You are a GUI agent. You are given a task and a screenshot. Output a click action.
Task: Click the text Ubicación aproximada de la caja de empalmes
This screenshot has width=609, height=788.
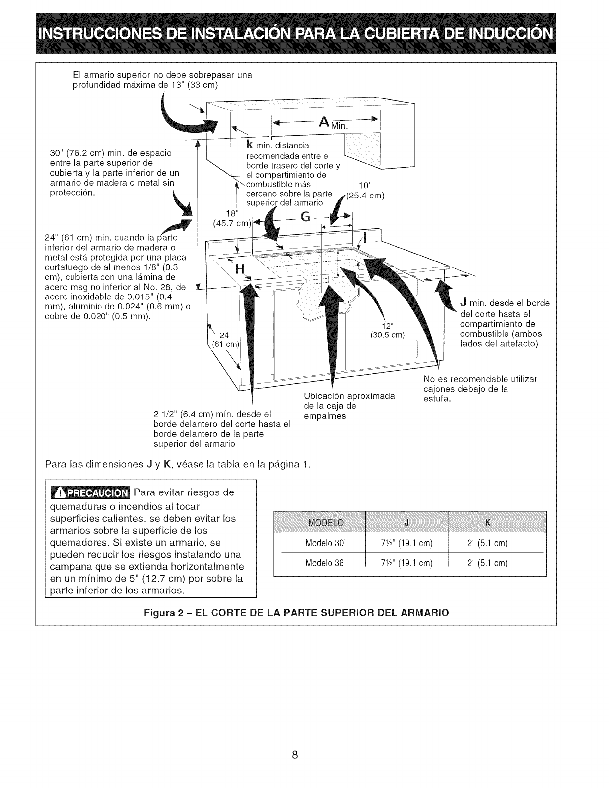pyautogui.click(x=348, y=406)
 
